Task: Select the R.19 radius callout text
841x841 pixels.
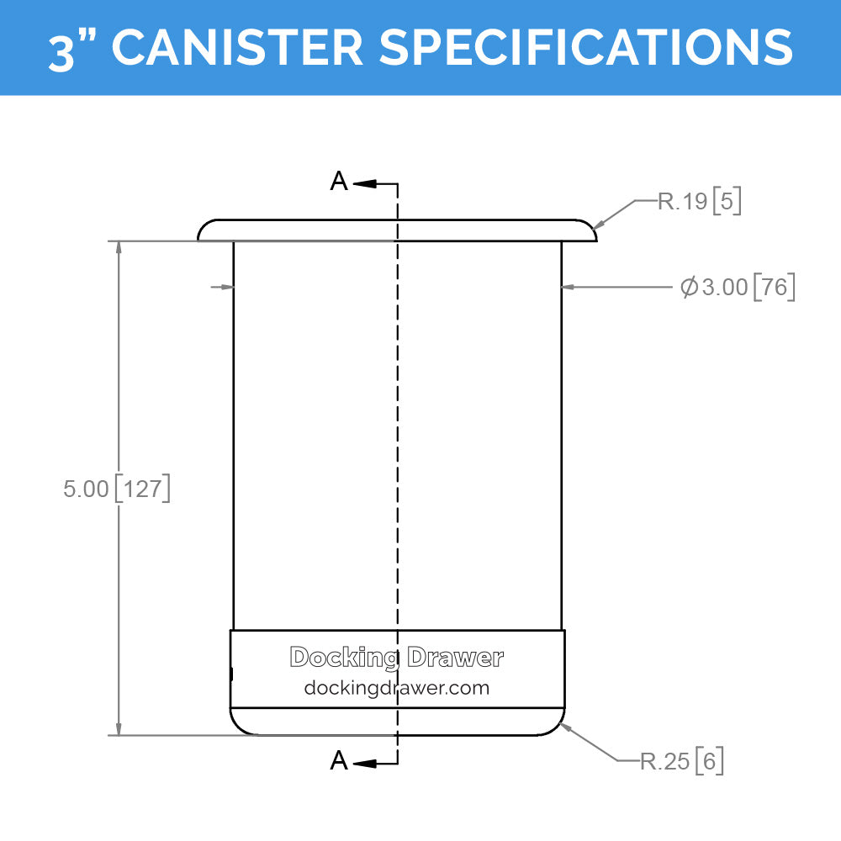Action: coord(682,202)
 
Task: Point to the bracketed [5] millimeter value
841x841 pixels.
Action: coord(727,202)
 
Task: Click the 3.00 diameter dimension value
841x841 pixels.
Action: coord(724,288)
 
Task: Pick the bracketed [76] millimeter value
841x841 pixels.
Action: coord(775,288)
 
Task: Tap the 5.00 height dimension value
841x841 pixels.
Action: coord(86,489)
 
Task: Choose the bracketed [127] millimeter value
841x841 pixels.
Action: coord(142,489)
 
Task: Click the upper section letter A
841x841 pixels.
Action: coord(338,182)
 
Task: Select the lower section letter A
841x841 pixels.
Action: coord(338,762)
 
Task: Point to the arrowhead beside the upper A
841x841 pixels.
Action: coord(363,182)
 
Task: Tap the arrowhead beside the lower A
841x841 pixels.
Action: coord(363,763)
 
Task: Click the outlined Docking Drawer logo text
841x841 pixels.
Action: coord(396,658)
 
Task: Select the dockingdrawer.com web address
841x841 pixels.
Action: coord(396,688)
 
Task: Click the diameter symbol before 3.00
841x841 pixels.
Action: coord(689,288)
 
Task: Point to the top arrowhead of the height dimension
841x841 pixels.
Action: coord(119,248)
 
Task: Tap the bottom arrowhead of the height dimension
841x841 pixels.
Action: coord(119,728)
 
